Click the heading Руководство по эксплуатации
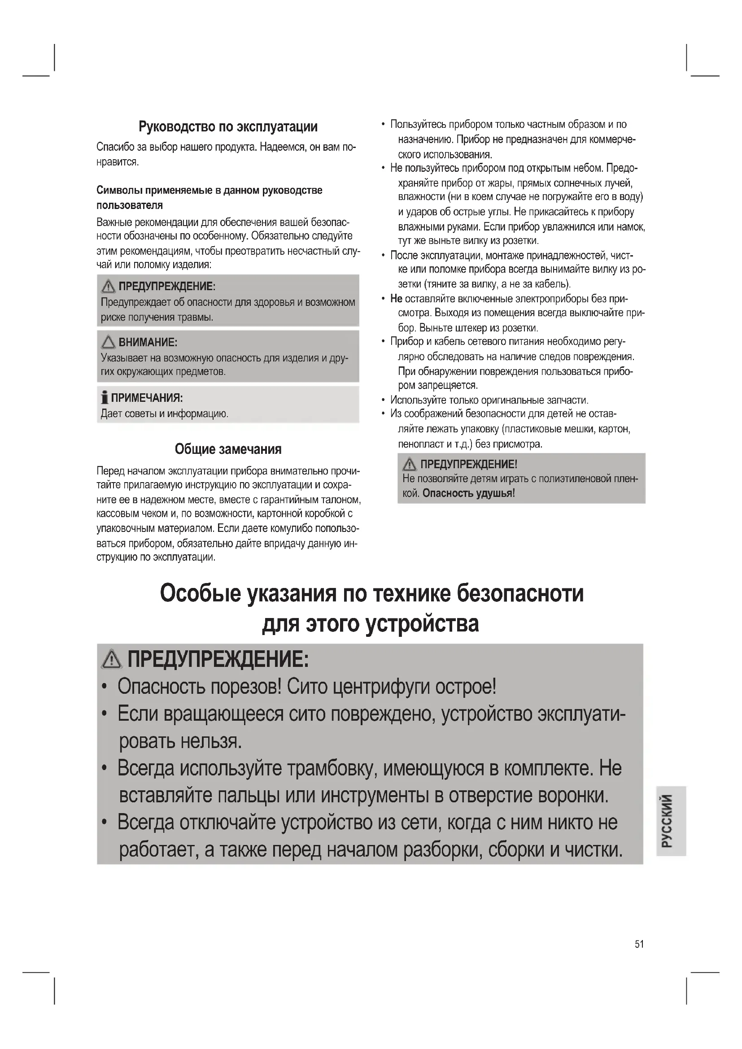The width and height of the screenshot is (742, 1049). (x=228, y=126)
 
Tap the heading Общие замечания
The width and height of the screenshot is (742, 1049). (x=228, y=449)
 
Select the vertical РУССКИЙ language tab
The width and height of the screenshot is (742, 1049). (x=671, y=822)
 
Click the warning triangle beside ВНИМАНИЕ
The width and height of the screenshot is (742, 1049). (x=108, y=342)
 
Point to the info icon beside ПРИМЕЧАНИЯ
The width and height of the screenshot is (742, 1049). (x=105, y=397)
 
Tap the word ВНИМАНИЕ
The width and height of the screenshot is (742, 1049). (x=148, y=342)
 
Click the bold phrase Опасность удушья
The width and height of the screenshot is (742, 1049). (x=467, y=493)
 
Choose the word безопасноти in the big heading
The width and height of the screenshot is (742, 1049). (x=520, y=593)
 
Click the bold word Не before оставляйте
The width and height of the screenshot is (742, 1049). (x=396, y=299)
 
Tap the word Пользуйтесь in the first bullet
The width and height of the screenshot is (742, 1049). (x=418, y=125)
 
